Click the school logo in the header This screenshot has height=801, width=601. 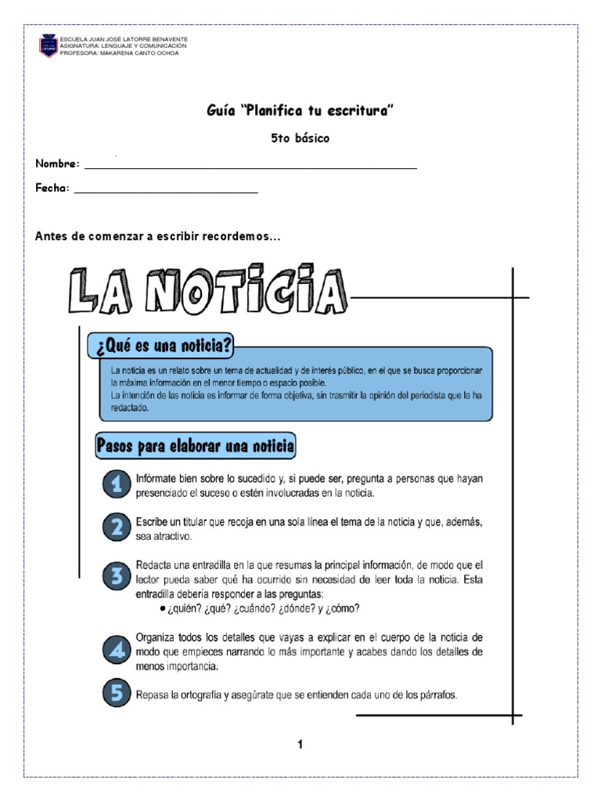[48, 46]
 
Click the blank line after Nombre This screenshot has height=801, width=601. [250, 167]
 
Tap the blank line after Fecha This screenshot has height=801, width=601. [165, 191]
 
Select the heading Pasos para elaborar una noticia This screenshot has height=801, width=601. [196, 447]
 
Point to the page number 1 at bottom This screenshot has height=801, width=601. [300, 745]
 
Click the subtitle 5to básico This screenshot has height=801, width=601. [300, 138]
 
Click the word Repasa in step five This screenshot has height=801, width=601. [154, 694]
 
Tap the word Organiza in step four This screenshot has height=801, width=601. [157, 637]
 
